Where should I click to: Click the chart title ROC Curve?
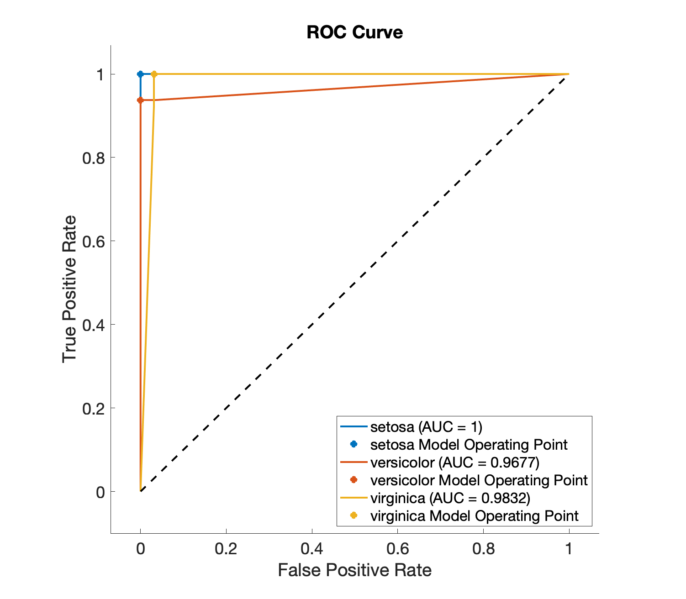tap(354, 32)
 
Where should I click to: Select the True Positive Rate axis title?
tap(69, 289)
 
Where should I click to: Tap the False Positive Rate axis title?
tap(354, 570)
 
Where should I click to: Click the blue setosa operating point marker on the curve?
tap(140, 74)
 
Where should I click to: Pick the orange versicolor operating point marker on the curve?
tap(140, 100)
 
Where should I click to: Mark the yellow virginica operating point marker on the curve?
tap(154, 74)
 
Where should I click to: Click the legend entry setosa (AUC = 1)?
tap(426, 427)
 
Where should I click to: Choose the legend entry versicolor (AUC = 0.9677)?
tap(455, 462)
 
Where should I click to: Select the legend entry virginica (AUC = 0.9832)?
tap(450, 498)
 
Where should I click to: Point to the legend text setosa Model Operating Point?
tap(469, 445)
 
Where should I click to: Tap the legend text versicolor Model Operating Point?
tap(479, 480)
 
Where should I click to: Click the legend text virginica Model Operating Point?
tap(474, 516)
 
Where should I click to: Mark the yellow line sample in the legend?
tap(354, 498)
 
